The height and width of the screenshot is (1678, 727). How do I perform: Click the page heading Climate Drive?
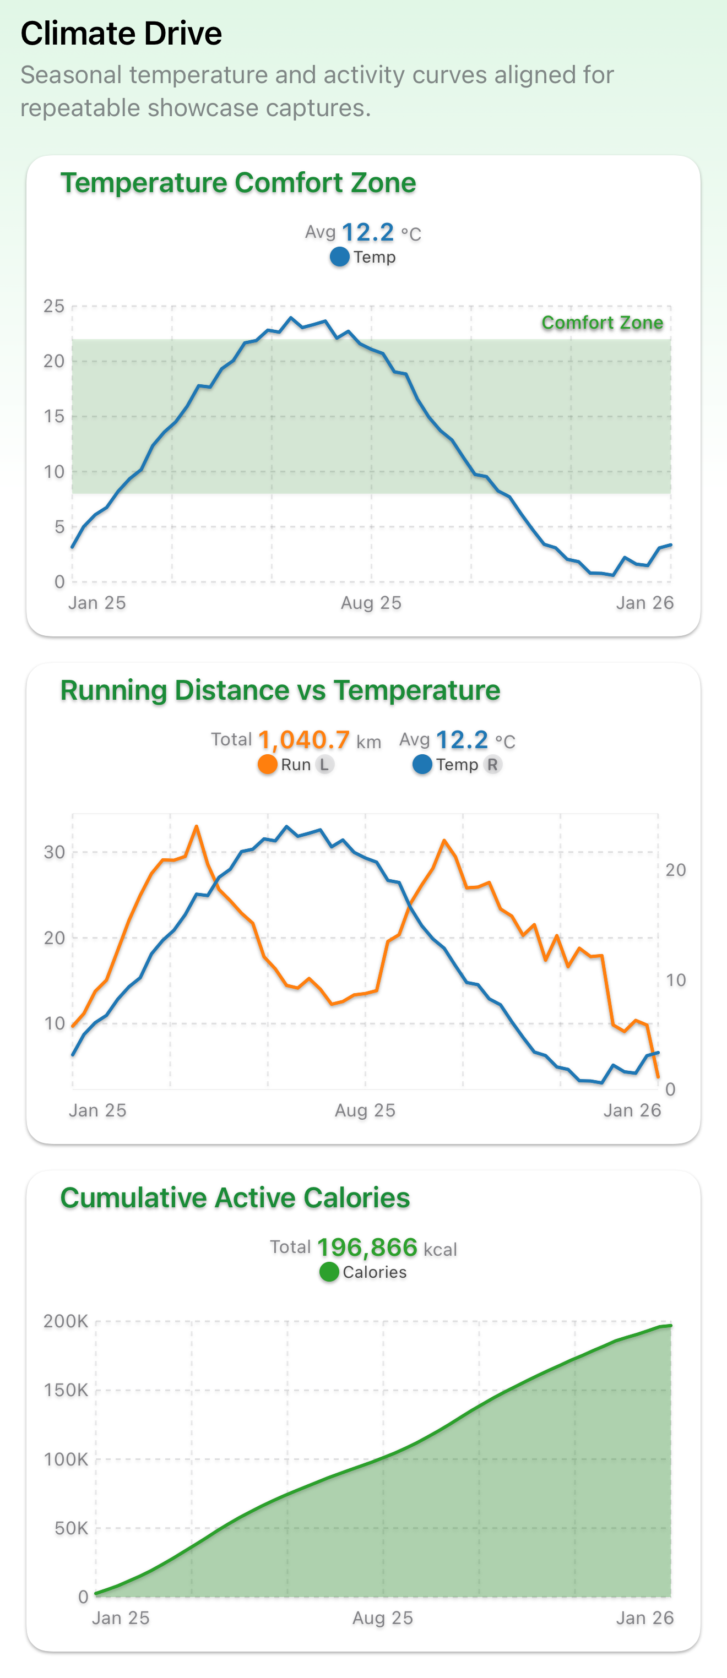(x=121, y=34)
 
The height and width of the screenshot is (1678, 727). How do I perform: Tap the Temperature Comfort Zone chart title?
(x=238, y=183)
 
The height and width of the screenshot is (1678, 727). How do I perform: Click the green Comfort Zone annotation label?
(x=602, y=323)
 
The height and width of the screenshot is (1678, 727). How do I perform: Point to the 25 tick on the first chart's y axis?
(x=54, y=306)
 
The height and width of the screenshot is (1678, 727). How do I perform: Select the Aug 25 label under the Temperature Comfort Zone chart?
(x=371, y=603)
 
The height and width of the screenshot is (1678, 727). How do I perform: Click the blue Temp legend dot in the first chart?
(x=339, y=257)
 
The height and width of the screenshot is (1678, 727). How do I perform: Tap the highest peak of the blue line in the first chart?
(x=291, y=318)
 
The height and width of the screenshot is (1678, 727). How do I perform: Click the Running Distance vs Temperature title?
(x=280, y=690)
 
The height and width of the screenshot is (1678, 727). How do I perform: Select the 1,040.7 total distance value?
(x=303, y=740)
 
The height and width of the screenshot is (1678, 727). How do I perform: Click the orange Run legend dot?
(x=267, y=765)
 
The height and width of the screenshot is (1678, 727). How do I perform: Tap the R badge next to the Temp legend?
(x=492, y=765)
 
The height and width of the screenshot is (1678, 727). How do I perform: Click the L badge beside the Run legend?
(x=324, y=765)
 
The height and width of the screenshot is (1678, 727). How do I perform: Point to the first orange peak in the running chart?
(x=196, y=827)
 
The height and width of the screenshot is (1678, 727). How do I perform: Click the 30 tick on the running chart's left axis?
(x=54, y=852)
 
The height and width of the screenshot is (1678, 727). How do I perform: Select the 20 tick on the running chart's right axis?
(x=676, y=870)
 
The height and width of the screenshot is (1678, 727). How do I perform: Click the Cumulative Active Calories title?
(x=235, y=1198)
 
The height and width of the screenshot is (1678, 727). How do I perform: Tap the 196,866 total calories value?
(x=367, y=1247)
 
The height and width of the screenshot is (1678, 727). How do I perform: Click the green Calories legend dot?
(x=329, y=1272)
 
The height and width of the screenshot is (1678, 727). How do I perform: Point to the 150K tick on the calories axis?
(x=66, y=1391)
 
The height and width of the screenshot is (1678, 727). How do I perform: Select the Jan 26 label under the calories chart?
(x=644, y=1618)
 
